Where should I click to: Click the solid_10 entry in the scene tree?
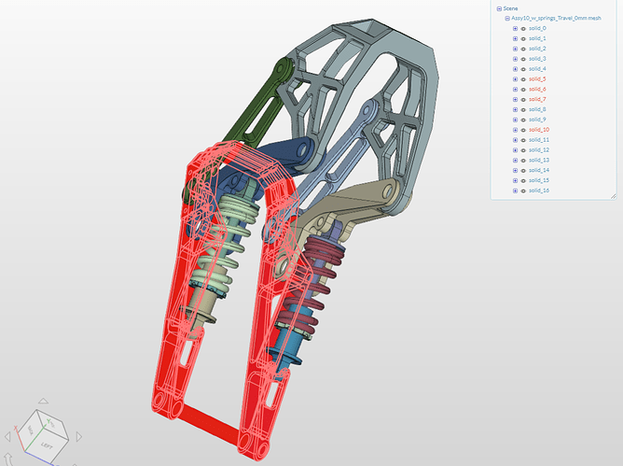point(539,130)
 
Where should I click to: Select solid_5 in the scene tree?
point(538,79)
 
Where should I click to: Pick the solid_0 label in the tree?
point(538,29)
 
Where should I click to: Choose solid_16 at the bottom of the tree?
point(539,191)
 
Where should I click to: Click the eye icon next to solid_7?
point(522,99)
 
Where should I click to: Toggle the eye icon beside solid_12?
point(522,150)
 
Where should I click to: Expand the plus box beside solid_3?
point(515,59)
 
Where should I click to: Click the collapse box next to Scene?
point(499,7)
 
